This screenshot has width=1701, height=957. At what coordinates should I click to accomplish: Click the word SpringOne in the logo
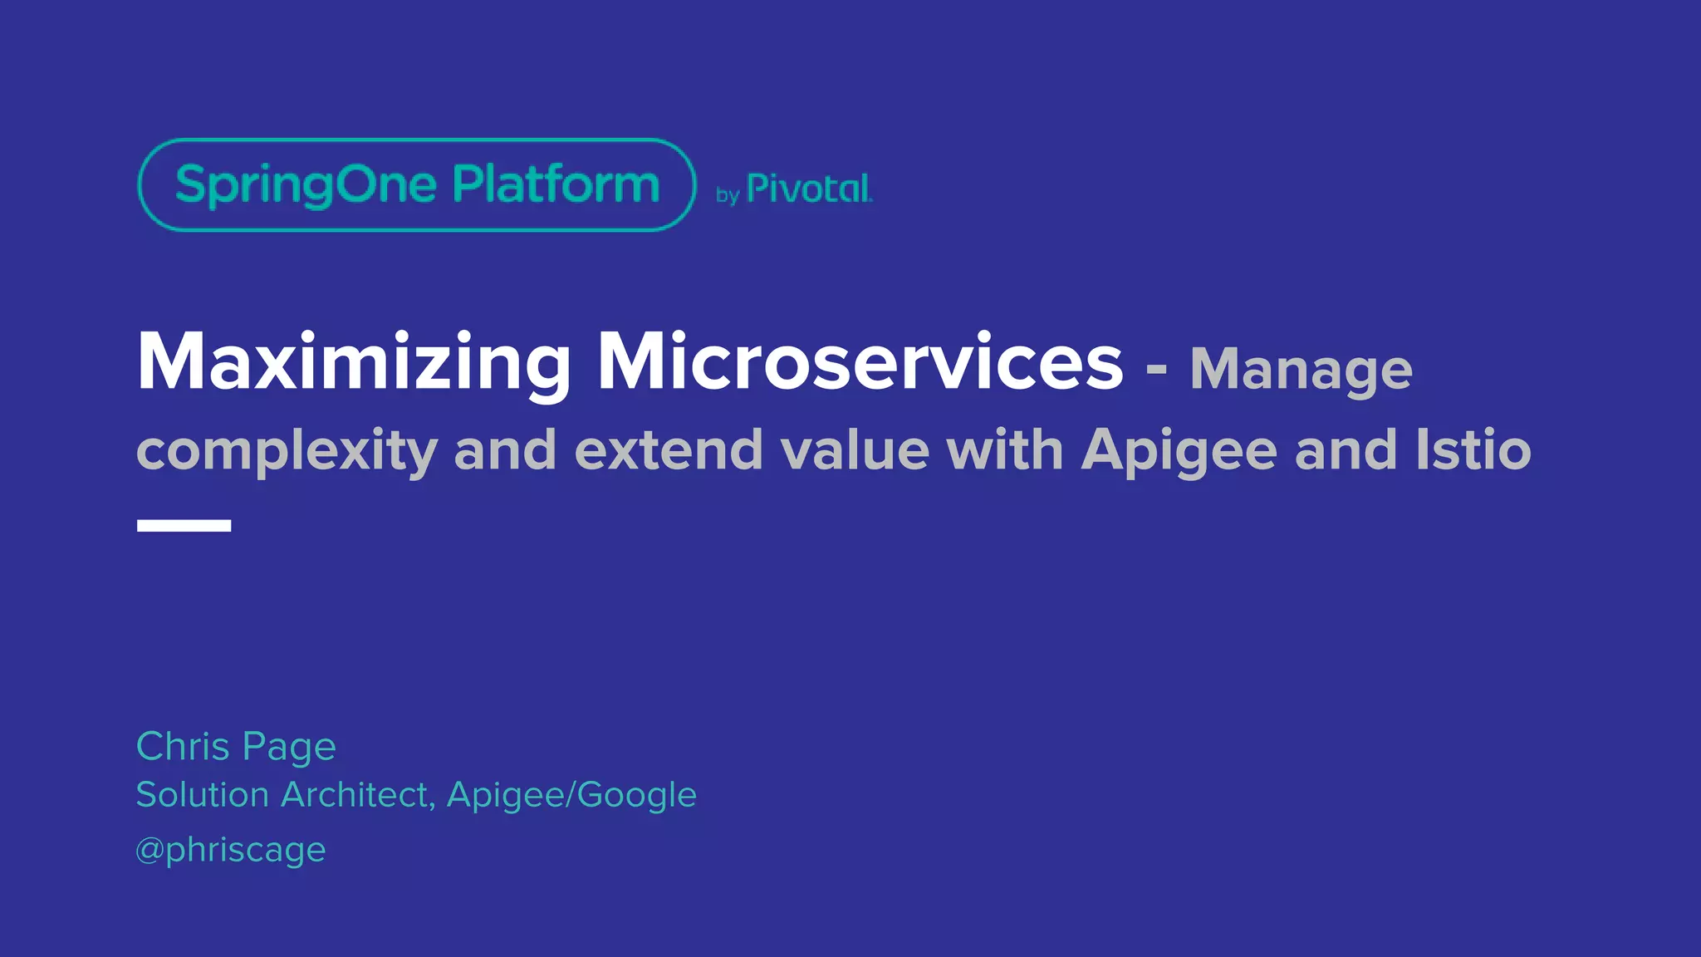[x=306, y=184]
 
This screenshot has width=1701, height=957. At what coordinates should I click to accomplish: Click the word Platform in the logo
[x=556, y=184]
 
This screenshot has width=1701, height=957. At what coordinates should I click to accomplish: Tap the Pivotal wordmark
[x=809, y=189]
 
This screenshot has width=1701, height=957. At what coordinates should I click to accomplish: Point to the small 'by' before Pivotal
[x=728, y=196]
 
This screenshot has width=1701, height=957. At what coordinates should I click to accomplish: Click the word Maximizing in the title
[x=354, y=362]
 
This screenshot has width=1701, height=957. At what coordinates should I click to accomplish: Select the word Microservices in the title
[x=860, y=362]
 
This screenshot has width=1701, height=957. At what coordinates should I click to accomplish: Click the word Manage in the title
[x=1301, y=369]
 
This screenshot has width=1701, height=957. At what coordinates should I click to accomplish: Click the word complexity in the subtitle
[x=287, y=451]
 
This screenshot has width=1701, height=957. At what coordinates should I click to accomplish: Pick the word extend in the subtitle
[x=668, y=449]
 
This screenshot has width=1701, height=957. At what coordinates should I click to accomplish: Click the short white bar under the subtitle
[x=184, y=525]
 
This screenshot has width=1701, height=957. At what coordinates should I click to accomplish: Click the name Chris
[x=183, y=746]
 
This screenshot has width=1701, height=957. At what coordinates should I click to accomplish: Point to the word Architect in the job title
[x=357, y=795]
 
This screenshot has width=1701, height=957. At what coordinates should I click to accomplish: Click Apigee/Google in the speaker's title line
[x=571, y=796]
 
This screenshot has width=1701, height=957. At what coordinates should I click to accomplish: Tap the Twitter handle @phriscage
[x=231, y=850]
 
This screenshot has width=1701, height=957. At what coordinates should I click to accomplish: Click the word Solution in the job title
[x=202, y=795]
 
